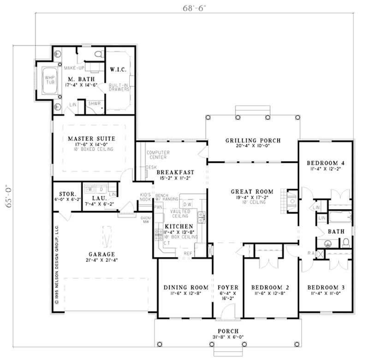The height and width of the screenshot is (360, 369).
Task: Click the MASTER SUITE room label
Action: click(91, 138)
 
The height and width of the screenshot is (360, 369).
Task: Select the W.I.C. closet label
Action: click(118, 70)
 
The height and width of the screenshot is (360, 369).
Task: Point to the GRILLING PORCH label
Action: click(252, 140)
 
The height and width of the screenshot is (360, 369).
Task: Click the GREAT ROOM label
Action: click(252, 191)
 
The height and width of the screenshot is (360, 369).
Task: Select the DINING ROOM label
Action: click(184, 287)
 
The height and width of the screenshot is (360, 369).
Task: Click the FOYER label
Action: click(228, 287)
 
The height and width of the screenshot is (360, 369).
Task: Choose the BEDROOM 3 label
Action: click(326, 287)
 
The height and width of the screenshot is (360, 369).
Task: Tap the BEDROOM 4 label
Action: click(326, 163)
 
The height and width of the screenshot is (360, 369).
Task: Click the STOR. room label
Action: click(67, 193)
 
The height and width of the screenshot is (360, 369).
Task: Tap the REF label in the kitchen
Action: click(188, 253)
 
